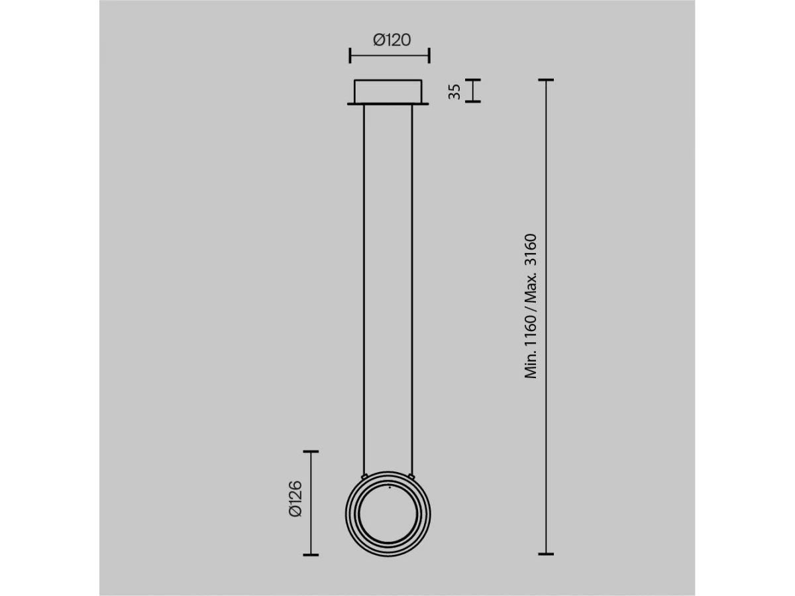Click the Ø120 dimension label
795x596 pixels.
click(x=392, y=40)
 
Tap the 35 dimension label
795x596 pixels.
click(x=454, y=91)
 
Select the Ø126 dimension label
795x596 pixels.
click(x=295, y=498)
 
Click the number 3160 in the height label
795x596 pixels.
click(x=530, y=251)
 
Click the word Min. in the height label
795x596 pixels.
click(x=530, y=366)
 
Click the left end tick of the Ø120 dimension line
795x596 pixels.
click(x=350, y=56)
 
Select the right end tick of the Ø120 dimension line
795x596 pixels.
click(x=429, y=56)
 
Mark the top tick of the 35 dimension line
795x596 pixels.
click(x=472, y=79)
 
